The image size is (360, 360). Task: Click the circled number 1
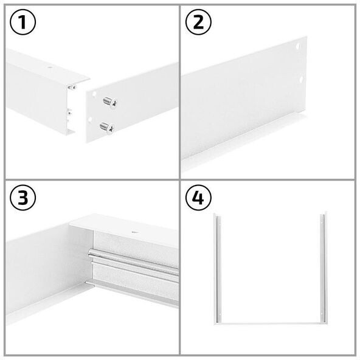(22, 22)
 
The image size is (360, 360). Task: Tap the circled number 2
(198, 22)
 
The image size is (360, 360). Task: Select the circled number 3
(22, 198)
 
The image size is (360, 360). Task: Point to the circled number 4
(198, 198)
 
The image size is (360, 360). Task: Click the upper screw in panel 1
(110, 102)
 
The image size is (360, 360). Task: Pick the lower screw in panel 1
(107, 128)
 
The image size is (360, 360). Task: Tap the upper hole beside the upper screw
(94, 94)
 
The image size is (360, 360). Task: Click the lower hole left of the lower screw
(90, 119)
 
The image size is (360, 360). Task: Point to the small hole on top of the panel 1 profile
(50, 67)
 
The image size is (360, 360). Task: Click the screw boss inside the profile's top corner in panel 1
(72, 88)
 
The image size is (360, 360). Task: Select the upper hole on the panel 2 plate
(298, 46)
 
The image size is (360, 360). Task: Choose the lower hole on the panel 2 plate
(301, 80)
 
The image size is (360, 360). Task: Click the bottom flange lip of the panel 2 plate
(243, 142)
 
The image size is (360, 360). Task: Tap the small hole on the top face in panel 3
(134, 232)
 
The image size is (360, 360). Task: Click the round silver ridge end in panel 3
(91, 252)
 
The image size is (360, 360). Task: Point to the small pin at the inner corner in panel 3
(90, 284)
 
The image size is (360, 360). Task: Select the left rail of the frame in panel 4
(218, 268)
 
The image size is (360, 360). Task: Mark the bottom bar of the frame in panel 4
(271, 324)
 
